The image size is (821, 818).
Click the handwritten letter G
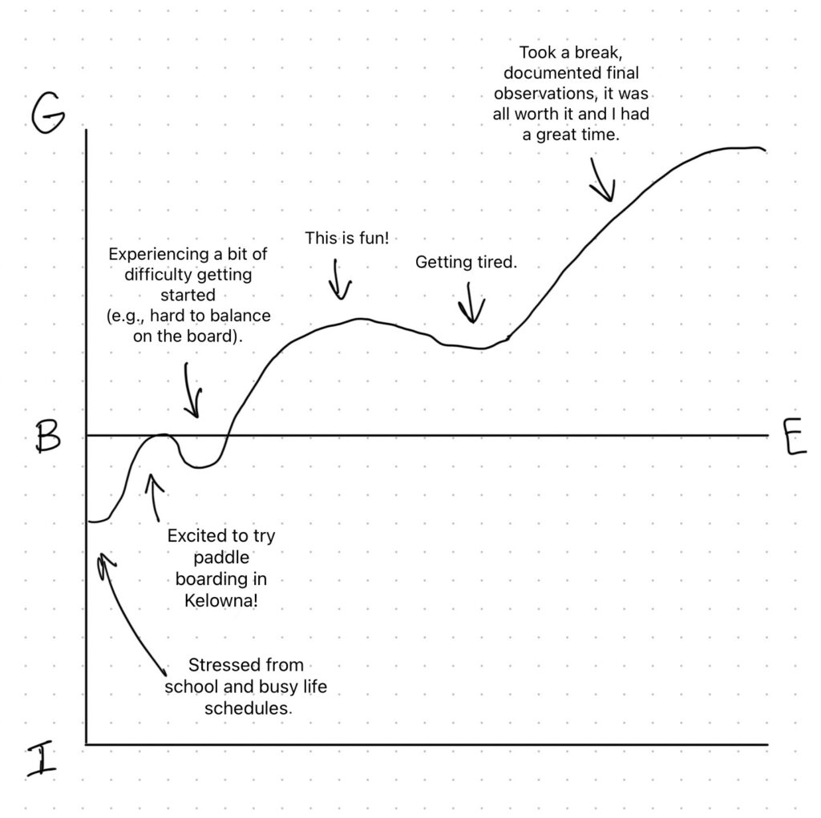(47, 113)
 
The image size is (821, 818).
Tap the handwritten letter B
(47, 437)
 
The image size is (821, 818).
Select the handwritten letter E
(795, 437)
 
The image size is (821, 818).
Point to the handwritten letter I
(42, 759)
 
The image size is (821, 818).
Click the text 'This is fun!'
(347, 238)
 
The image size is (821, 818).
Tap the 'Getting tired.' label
(466, 262)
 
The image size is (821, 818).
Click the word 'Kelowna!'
(221, 600)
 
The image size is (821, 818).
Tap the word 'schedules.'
(249, 708)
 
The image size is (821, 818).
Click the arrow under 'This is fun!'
(340, 280)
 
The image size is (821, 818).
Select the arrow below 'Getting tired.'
(471, 303)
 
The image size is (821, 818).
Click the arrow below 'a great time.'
(602, 179)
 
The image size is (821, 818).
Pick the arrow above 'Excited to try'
(154, 498)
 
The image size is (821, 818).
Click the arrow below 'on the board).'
(192, 390)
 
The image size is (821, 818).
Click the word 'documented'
(571, 73)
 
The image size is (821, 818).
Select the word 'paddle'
(221, 558)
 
